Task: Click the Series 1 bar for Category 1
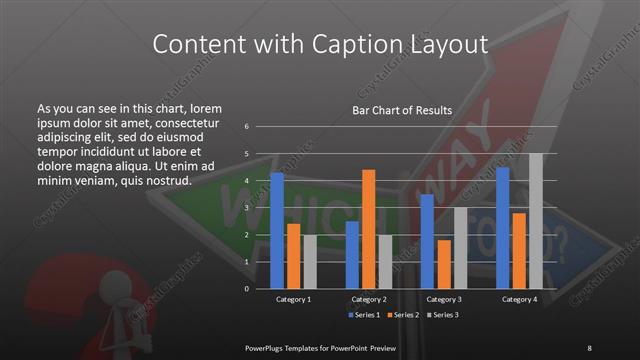point(277,230)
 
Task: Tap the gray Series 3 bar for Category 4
point(536,220)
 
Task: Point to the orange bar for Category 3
point(444,263)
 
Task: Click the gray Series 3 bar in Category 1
point(310,261)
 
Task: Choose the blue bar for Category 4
point(503,227)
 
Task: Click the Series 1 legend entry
point(364,315)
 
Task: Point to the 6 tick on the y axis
point(246,127)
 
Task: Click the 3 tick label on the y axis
point(246,208)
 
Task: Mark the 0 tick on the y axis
point(246,289)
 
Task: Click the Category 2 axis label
point(369,299)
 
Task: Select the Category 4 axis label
point(519,299)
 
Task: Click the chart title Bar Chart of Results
point(402,110)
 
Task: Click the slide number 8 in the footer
point(589,347)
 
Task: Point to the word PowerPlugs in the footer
point(269,347)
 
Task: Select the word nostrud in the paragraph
point(165,180)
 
